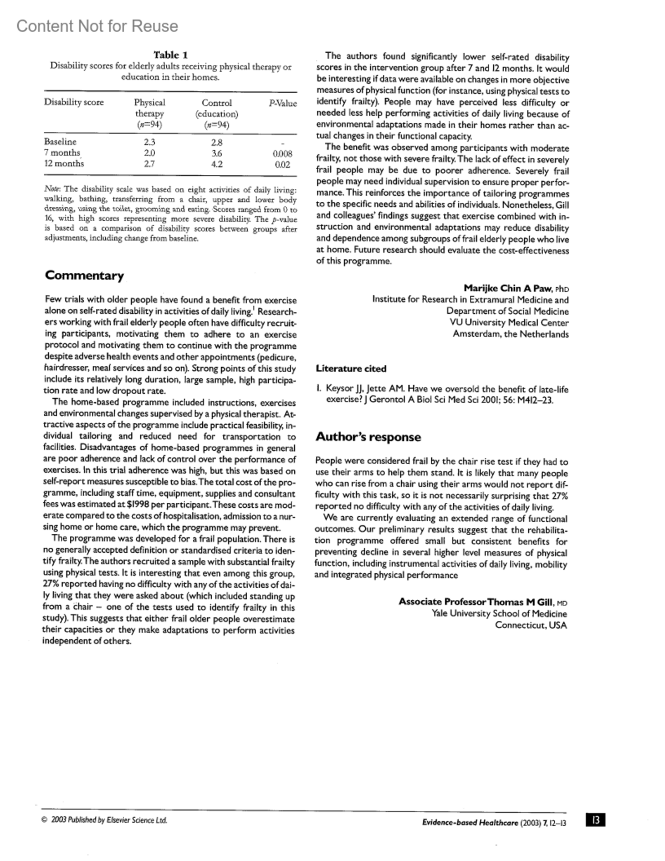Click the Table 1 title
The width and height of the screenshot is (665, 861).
click(170, 55)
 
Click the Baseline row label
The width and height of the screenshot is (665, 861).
click(60, 142)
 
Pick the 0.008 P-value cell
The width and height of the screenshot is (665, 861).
click(283, 154)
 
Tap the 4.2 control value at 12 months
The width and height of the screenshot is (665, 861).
click(217, 164)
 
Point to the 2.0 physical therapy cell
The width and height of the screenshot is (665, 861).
click(149, 153)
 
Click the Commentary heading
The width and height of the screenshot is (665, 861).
click(84, 276)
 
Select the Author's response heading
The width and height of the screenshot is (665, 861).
click(368, 437)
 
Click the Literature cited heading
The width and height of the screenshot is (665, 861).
click(351, 369)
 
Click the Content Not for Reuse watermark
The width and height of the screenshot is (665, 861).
click(98, 26)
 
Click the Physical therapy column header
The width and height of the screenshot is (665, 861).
click(149, 113)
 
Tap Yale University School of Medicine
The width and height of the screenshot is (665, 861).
click(499, 614)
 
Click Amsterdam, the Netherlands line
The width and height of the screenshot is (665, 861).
click(510, 334)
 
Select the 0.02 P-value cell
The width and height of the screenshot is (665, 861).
click(283, 165)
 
